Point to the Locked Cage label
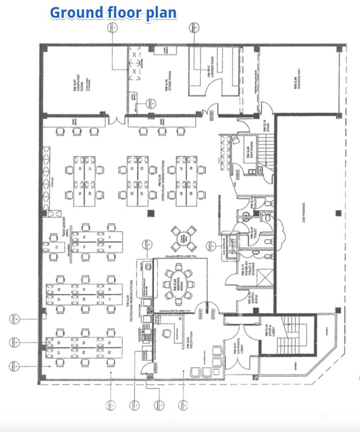206,70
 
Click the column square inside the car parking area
338,214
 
